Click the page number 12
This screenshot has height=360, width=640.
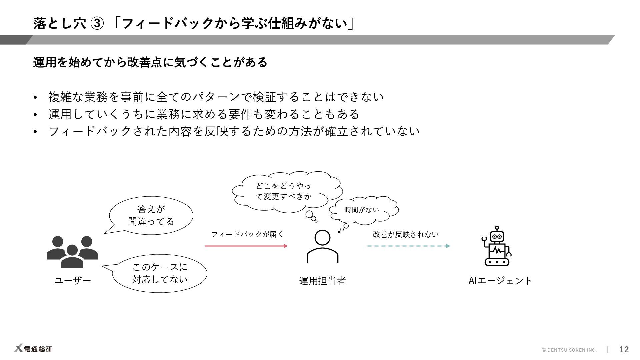click(x=624, y=349)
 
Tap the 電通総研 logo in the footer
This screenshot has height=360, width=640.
click(x=33, y=349)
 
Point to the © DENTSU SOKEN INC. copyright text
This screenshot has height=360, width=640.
click(x=569, y=350)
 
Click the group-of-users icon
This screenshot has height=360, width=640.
click(x=72, y=252)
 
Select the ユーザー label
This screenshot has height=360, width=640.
click(x=73, y=281)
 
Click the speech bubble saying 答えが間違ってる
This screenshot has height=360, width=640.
click(x=151, y=215)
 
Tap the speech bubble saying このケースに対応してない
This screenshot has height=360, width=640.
click(x=160, y=273)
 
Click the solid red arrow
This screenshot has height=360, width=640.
click(x=246, y=246)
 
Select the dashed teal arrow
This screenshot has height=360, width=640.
click(x=409, y=246)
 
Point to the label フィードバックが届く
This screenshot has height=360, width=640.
click(x=247, y=234)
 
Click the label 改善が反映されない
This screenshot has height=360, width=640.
click(x=406, y=234)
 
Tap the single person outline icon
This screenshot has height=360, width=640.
click(x=322, y=247)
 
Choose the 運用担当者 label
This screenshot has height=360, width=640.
click(x=322, y=281)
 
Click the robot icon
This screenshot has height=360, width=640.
click(x=497, y=247)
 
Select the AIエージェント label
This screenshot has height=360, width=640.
click(x=500, y=281)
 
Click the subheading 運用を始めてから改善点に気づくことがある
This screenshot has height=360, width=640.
click(x=150, y=62)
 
